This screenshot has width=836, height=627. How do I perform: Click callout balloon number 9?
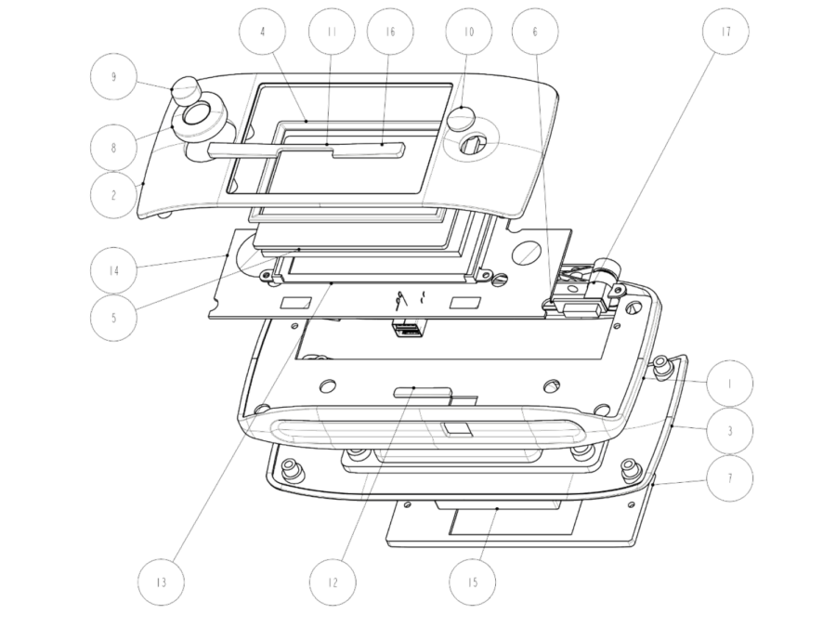click(113, 77)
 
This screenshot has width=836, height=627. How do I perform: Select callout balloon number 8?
click(113, 148)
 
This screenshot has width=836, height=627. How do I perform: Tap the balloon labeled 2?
click(113, 195)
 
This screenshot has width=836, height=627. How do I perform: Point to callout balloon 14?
click(113, 271)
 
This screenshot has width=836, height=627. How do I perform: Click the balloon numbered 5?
click(113, 319)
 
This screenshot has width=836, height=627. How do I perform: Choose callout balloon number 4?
click(262, 32)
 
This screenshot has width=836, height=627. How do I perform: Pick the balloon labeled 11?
click(332, 32)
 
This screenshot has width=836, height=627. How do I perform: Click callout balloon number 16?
click(390, 32)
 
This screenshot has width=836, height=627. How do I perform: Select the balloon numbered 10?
click(469, 32)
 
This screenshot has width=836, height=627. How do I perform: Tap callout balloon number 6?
click(535, 32)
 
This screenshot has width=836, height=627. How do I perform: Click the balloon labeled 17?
click(725, 32)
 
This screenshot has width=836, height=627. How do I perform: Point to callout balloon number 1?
click(730, 384)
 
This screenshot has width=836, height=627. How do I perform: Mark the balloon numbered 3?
click(730, 431)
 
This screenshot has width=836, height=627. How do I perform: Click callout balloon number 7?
click(730, 478)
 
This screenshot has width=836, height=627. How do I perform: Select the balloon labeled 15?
click(473, 582)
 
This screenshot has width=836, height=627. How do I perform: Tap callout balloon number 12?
click(333, 582)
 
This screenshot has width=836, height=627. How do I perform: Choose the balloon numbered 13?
click(161, 582)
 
